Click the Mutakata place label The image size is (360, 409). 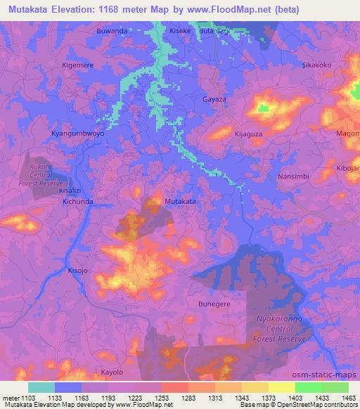coord(179,202)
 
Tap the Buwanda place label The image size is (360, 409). coord(112,32)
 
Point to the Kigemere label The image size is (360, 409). coord(79,65)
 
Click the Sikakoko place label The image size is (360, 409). coord(316,65)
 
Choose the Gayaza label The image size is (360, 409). coord(214,100)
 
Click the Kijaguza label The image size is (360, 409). coord(248,133)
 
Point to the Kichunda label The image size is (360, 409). coord(77,201)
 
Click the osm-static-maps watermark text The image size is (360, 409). coord(325,375)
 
